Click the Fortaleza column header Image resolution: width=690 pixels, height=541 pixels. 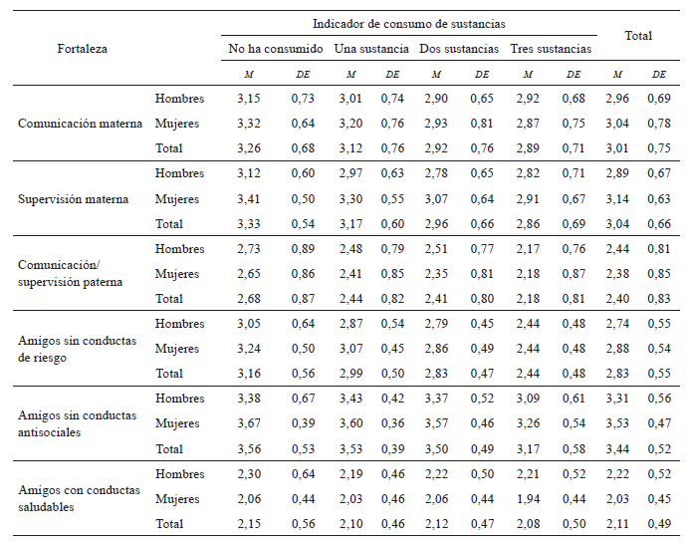(x=82, y=48)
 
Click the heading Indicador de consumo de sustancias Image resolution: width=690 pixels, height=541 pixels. (x=410, y=23)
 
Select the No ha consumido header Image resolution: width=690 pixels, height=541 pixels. (x=276, y=48)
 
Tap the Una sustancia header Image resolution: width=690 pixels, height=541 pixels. (x=371, y=48)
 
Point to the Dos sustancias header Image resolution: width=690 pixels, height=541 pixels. (x=459, y=48)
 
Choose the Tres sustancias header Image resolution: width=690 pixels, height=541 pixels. (x=551, y=48)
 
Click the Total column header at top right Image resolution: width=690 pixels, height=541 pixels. (x=638, y=36)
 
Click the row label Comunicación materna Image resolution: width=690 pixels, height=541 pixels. (x=81, y=124)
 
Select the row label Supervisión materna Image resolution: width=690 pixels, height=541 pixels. (x=74, y=198)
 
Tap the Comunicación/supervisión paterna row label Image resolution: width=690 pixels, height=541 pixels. (x=71, y=273)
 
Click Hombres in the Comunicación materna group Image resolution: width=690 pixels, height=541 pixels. (x=179, y=99)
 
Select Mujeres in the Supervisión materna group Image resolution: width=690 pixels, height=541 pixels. (x=178, y=198)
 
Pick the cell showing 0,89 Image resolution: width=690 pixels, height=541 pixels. (x=303, y=249)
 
